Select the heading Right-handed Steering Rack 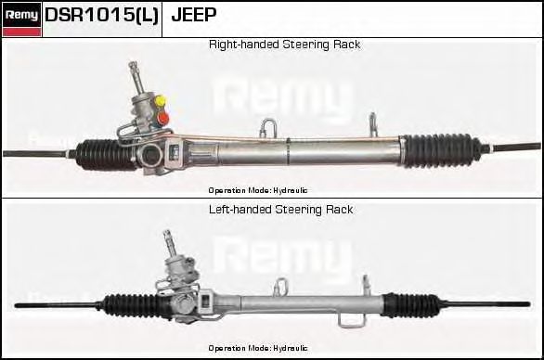[x=284, y=45]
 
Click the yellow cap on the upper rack [x=161, y=100]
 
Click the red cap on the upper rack [x=163, y=117]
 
